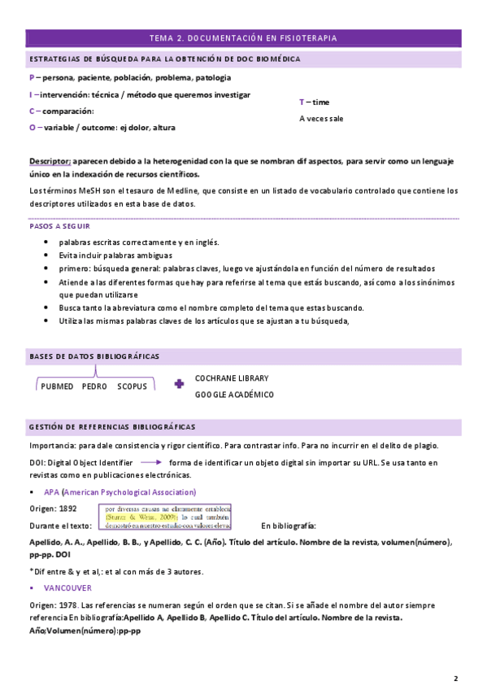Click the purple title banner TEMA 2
click(243, 37)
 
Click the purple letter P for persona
click(32, 77)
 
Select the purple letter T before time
click(302, 102)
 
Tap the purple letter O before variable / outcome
click(32, 127)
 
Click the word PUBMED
click(57, 386)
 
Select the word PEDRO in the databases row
click(95, 386)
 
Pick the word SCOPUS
click(132, 386)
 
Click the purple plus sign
click(179, 384)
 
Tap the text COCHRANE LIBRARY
click(232, 378)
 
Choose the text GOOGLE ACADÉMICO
click(234, 395)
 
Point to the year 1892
click(67, 509)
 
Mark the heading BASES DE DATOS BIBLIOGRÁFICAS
click(94, 356)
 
